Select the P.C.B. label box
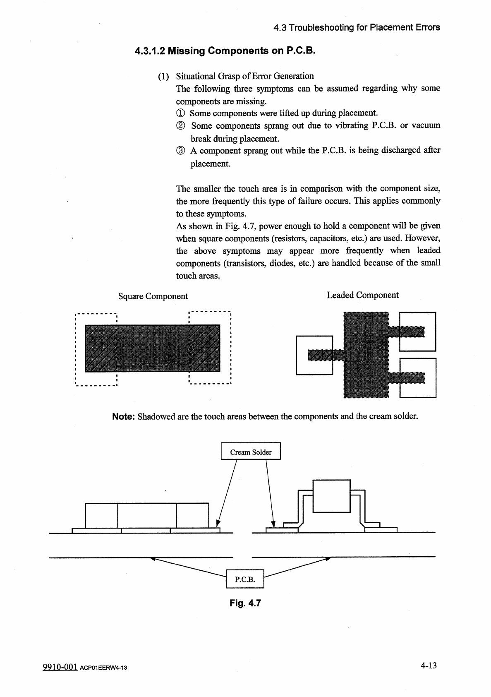click(244, 579)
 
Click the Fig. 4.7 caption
click(245, 603)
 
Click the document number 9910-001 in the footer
click(60, 667)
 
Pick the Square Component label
click(153, 296)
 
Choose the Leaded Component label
click(362, 295)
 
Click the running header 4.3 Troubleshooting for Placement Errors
click(357, 28)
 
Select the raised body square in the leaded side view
click(331, 495)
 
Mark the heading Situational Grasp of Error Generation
click(245, 76)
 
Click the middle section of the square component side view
click(147, 515)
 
